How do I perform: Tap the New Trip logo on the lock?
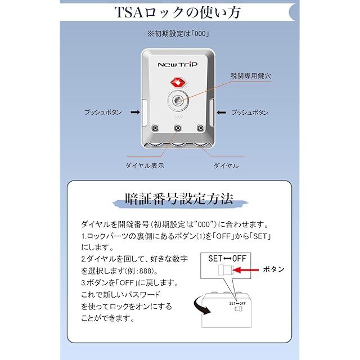tap(178, 65)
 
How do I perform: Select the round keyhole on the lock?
tap(178, 101)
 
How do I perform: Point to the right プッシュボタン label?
tap(250, 112)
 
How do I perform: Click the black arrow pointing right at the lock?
tap(134, 112)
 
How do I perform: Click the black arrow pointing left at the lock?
tap(220, 112)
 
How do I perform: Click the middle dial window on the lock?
tap(178, 129)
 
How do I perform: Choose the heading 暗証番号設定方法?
tap(179, 200)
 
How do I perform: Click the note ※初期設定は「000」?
tap(179, 34)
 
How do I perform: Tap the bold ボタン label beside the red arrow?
tap(274, 269)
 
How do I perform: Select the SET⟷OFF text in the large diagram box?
tap(228, 259)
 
